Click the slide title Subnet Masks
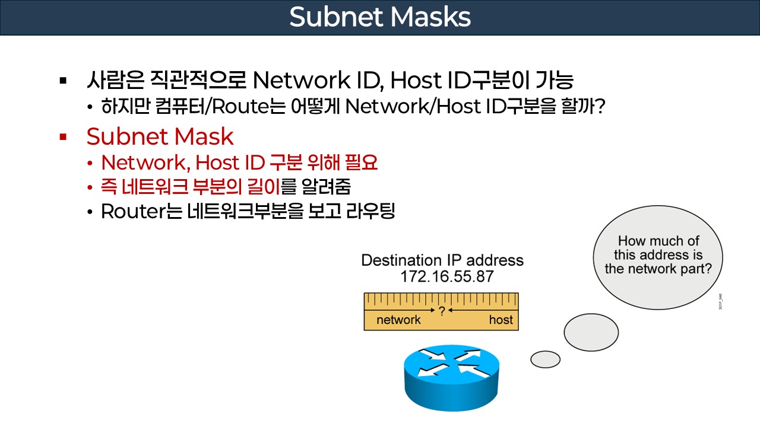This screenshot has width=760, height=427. tap(380, 17)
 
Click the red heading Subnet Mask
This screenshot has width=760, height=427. tap(160, 137)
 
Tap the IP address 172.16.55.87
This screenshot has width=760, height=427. tap(442, 276)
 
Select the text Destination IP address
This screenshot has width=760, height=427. tap(442, 260)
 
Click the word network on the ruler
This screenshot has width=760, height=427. tap(398, 320)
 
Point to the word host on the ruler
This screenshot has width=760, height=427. tap(501, 320)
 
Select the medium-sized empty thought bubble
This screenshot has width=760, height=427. tap(591, 333)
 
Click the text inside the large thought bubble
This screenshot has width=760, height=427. tap(658, 255)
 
